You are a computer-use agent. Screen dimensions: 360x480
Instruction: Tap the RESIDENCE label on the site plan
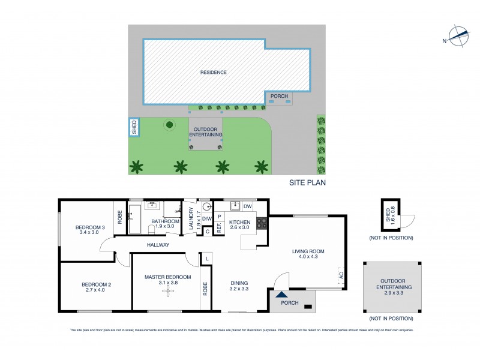click(x=214, y=73)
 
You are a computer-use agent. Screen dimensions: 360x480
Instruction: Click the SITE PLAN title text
click(x=307, y=184)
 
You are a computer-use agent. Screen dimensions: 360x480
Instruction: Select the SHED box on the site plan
click(x=134, y=127)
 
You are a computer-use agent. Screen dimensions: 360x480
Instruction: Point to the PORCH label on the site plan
click(x=279, y=96)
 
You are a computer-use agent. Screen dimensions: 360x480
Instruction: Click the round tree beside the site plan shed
click(x=169, y=125)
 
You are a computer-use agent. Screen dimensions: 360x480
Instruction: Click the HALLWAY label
click(x=158, y=245)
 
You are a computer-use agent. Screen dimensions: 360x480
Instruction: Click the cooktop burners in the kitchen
click(x=262, y=224)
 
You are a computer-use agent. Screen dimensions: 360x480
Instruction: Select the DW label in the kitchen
click(x=247, y=206)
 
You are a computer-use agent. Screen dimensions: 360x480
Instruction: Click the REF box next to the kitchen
click(x=219, y=229)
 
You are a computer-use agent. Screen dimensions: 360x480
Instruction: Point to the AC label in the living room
click(x=341, y=277)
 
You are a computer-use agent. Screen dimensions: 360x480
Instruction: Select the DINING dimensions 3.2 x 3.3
click(x=239, y=289)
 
